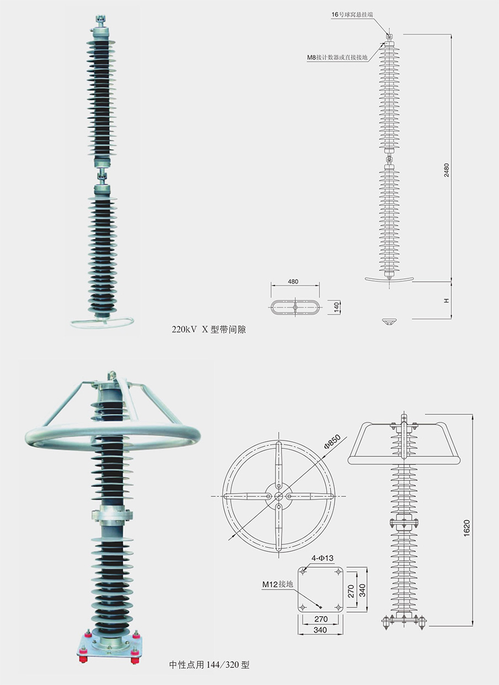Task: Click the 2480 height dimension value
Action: tap(447, 170)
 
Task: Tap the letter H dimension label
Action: tap(447, 301)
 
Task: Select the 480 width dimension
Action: tap(293, 282)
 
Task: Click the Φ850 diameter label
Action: tap(332, 441)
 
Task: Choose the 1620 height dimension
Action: tap(466, 528)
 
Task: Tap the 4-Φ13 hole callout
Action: tap(322, 558)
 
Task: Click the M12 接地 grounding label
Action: tap(278, 584)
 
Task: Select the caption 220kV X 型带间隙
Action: tap(209, 329)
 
